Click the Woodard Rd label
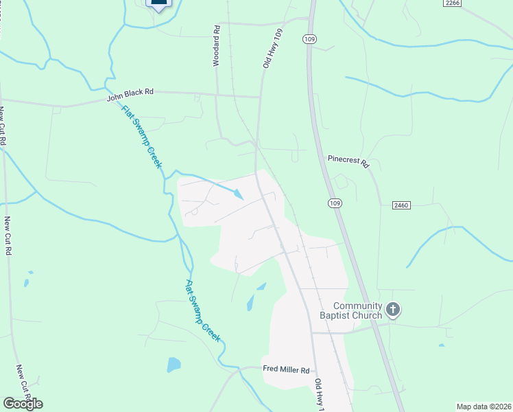pos(216,47)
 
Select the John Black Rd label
pos(130,95)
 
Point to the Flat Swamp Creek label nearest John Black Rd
pos(141,137)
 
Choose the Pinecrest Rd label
pos(348,161)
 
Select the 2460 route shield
pos(402,205)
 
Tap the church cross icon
pos(393,310)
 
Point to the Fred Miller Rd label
pos(287,369)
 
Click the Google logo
pos(23,403)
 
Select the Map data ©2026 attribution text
pos(483,407)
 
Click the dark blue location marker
pos(158,3)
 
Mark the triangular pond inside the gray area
pos(237,194)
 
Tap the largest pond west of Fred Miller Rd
pos(174,364)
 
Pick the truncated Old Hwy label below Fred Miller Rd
pos(320,396)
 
